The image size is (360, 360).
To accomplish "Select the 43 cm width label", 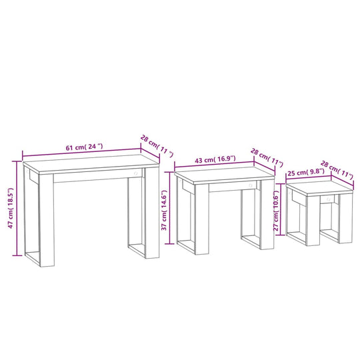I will tap(216, 159).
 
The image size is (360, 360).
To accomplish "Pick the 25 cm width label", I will tap(305, 172).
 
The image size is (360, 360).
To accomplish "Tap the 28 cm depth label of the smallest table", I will tap(338, 169).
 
